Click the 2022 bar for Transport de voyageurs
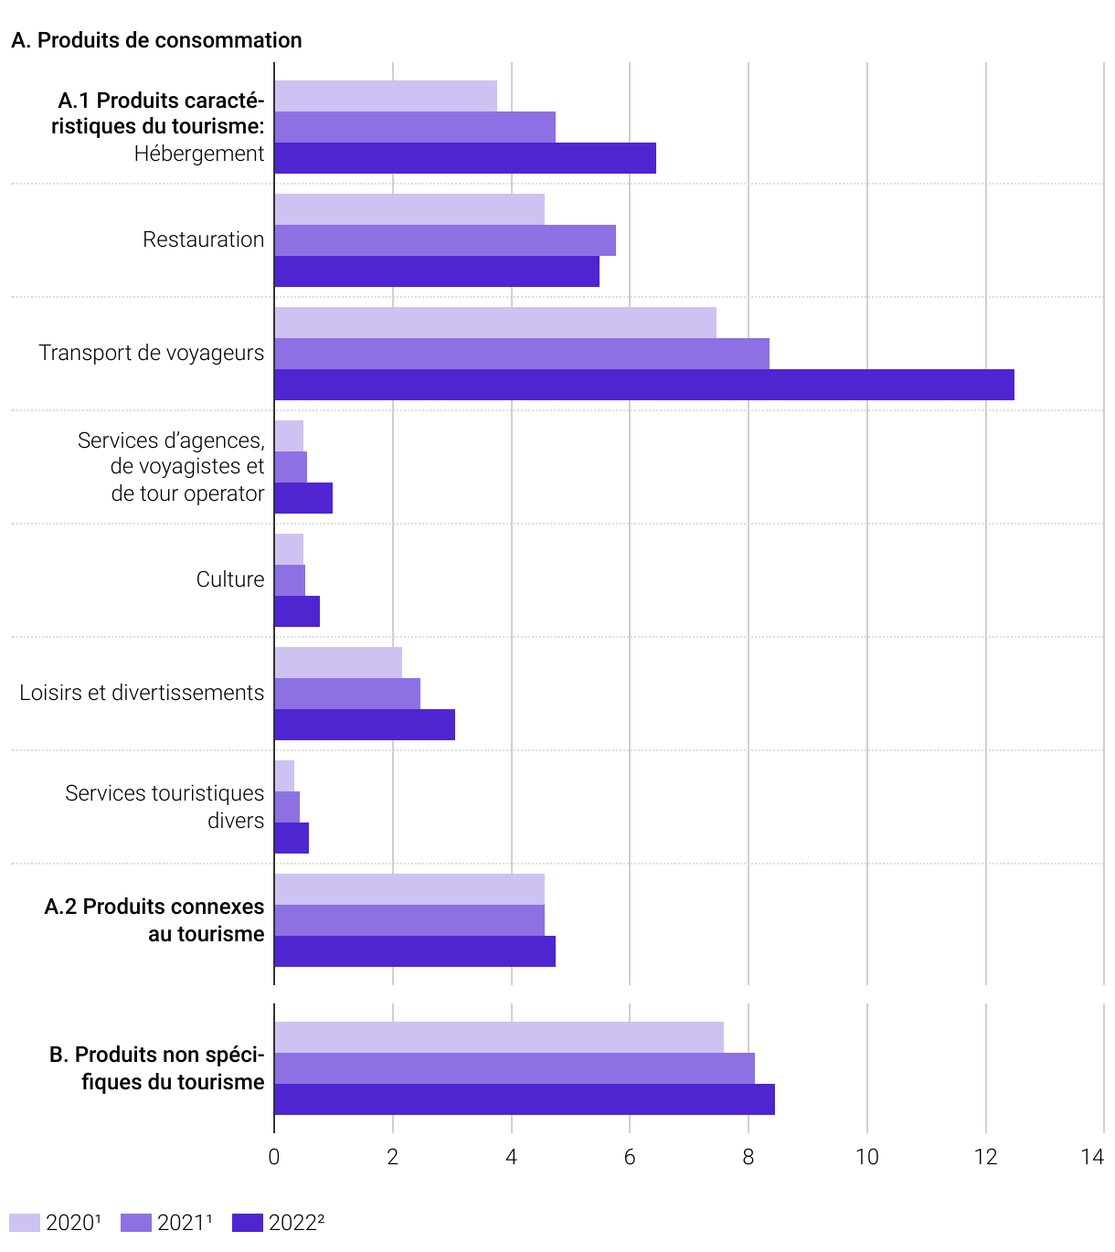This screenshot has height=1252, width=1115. point(644,385)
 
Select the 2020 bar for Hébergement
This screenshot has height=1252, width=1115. point(386,96)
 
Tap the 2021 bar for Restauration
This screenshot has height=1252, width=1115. point(445,240)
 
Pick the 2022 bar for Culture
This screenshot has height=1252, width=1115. point(297,611)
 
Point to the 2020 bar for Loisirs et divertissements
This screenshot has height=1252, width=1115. point(338,663)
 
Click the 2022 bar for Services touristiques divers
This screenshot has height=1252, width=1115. point(292,838)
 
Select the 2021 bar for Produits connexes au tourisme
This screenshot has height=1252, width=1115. point(409,920)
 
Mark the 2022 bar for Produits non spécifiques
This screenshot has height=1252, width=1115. point(525,1099)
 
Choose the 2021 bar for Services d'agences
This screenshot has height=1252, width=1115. point(291,467)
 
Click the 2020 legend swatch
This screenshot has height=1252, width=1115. point(25,1223)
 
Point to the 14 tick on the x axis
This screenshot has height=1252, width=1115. point(1092,1157)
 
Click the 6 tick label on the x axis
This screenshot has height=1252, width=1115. point(630,1157)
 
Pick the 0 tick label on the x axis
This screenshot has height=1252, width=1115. point(274,1157)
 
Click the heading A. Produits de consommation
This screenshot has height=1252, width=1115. point(156,40)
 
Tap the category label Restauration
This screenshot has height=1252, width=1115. point(203,239)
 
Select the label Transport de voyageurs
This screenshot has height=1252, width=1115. point(151,353)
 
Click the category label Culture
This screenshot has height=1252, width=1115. point(230,579)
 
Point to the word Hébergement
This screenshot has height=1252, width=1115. point(199,154)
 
